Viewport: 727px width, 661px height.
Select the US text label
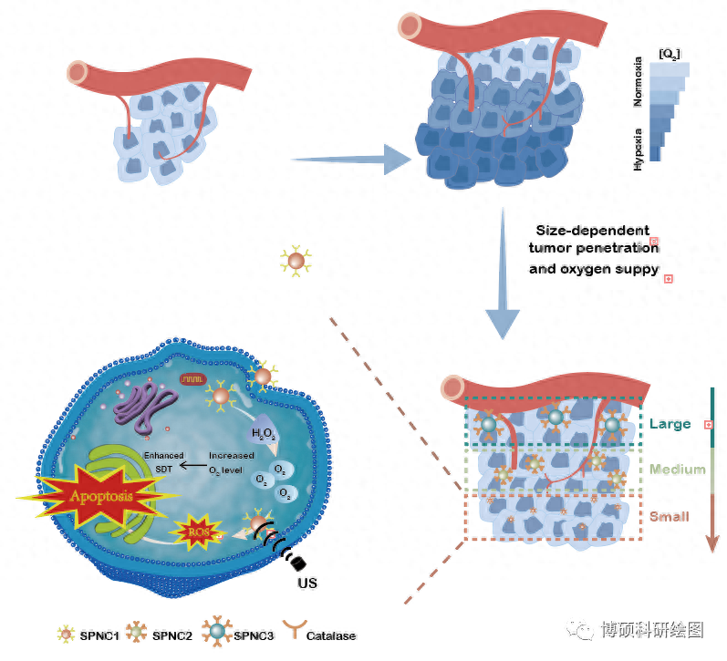pos(306,583)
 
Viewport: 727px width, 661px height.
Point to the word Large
pos(670,424)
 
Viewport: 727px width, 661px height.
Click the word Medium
pos(677,470)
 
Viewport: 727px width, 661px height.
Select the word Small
pos(669,517)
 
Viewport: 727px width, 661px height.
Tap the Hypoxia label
pos(639,150)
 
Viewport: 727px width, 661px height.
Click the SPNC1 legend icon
pos(64,635)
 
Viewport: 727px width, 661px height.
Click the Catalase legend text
pos(331,635)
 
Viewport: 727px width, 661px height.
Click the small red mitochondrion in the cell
pos(192,377)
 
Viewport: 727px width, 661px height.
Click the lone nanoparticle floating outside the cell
pos(296,263)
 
